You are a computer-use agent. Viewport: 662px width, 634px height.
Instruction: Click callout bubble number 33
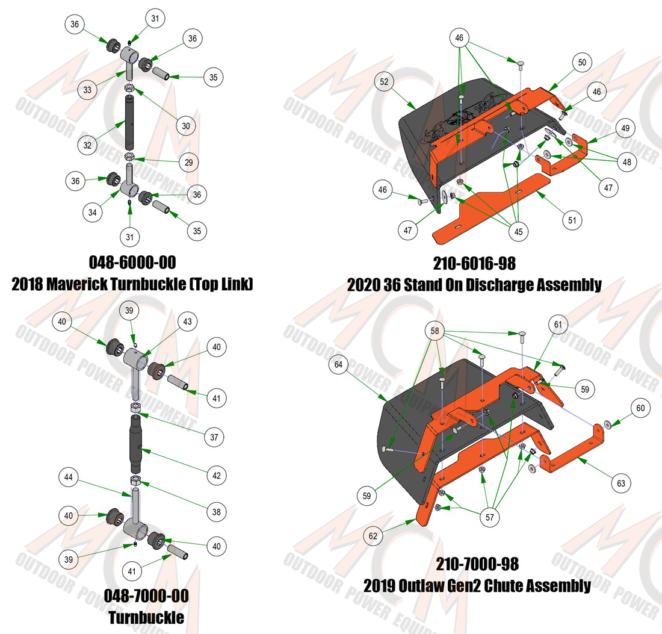click(87, 90)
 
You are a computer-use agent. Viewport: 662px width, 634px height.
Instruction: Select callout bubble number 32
click(87, 145)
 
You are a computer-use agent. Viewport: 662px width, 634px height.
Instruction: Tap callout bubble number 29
click(189, 162)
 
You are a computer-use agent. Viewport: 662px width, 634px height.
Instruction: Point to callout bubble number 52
click(384, 81)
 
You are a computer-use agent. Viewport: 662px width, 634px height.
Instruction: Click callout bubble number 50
click(582, 63)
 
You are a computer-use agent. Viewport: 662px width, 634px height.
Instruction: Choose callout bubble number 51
click(572, 220)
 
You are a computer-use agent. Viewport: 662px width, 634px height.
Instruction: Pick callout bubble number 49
click(626, 128)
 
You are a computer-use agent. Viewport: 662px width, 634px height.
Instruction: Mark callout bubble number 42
click(217, 476)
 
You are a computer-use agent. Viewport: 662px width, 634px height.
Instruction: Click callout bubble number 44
click(69, 477)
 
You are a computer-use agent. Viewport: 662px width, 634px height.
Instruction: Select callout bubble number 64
click(339, 364)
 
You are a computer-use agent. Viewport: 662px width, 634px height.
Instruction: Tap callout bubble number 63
click(621, 483)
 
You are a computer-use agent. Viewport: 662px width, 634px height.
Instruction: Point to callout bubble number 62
click(373, 536)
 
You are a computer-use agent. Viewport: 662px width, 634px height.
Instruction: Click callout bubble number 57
click(490, 517)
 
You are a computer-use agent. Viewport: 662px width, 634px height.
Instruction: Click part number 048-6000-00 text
click(132, 263)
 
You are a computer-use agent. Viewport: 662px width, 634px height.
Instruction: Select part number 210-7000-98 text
click(477, 564)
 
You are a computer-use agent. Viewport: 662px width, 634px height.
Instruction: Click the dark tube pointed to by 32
click(129, 123)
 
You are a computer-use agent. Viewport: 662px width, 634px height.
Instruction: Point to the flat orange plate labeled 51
click(492, 208)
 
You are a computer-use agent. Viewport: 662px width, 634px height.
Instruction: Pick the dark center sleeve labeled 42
click(136, 444)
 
